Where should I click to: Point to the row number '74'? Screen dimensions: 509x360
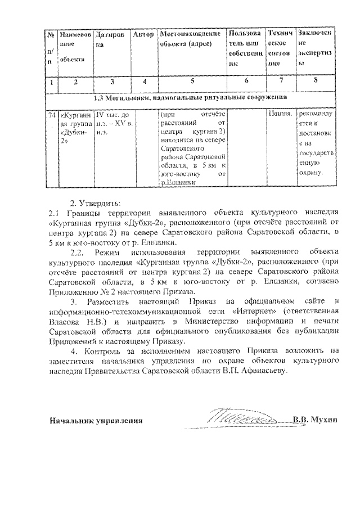click(x=52, y=114)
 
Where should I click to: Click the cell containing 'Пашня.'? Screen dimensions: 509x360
click(x=280, y=114)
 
